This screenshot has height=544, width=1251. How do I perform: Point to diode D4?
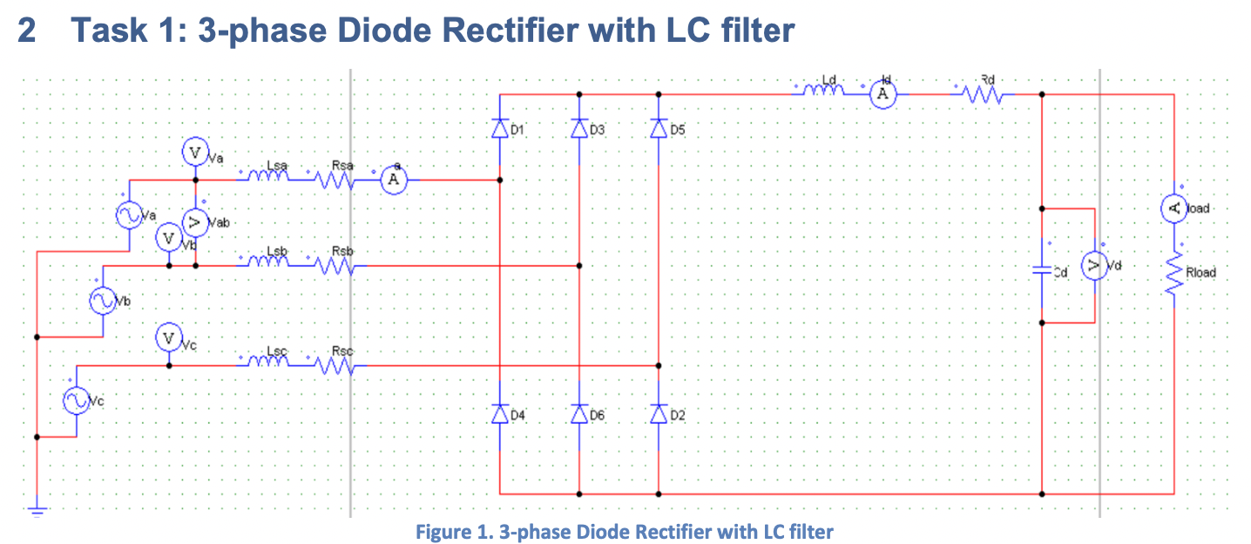coord(499,414)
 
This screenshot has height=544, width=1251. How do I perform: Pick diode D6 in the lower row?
coord(579,414)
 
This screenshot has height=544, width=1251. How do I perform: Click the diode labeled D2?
coord(659,414)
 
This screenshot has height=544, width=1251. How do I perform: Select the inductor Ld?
coord(819,90)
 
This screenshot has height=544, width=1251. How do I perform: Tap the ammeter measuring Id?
coord(882,93)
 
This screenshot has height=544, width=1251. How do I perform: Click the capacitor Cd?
coord(1042,270)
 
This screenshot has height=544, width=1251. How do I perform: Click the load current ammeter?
coord(1173,207)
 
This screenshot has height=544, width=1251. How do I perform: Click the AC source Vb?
coord(104,301)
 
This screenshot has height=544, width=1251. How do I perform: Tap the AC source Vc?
coord(76,401)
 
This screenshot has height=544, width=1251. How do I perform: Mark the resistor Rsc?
coord(335,366)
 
